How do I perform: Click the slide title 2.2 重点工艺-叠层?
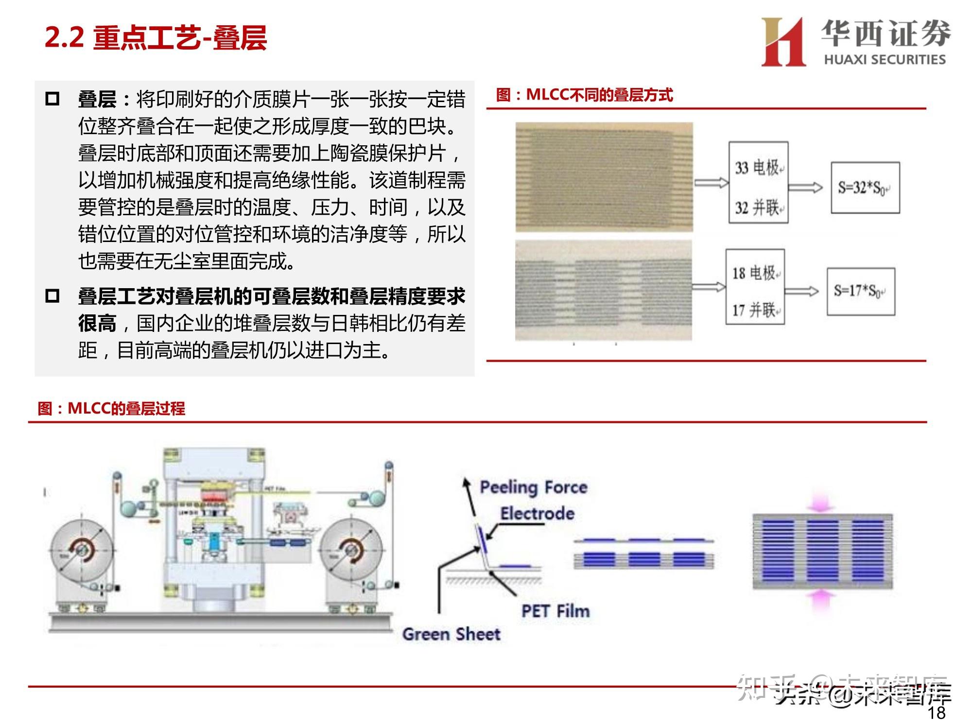pos(156,37)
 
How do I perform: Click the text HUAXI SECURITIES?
pos(885,60)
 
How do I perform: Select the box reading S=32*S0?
pos(865,188)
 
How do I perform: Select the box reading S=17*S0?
pos(861,291)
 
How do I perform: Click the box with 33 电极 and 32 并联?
pos(758,183)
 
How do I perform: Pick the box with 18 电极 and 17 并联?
pos(755,287)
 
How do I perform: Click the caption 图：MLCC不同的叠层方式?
pos(584,95)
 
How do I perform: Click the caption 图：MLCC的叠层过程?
pos(111,408)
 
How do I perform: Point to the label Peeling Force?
pos(534,487)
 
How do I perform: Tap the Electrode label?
pos(537,513)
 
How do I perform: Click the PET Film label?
pos(555,611)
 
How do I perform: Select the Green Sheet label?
pos(451,634)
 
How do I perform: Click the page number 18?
pos(937,712)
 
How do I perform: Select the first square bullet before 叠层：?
pos(52,99)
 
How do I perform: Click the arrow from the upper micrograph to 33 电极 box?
pos(711,183)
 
